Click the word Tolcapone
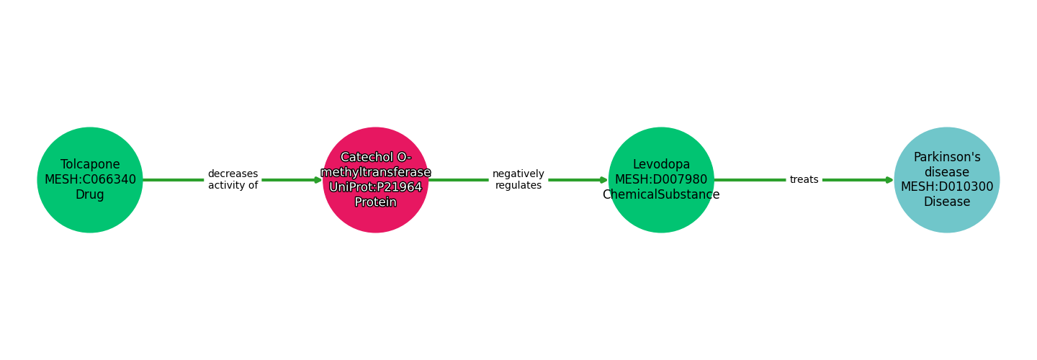(90, 164)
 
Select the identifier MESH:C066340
(90, 179)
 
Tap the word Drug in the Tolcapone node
(90, 194)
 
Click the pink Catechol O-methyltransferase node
(375, 216)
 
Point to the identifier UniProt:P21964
(375, 187)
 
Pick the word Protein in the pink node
(375, 202)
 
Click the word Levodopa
(661, 164)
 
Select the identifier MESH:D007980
(661, 179)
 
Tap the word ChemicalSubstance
(661, 194)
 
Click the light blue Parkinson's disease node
(946, 220)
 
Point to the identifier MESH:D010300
(946, 186)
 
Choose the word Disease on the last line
(946, 202)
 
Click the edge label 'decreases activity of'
(233, 179)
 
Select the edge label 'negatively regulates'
(518, 179)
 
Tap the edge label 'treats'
(804, 179)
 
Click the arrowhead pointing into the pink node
(318, 180)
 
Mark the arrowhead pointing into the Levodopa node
(603, 180)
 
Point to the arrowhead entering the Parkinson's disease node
(889, 180)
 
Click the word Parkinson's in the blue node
(946, 157)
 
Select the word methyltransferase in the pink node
(375, 172)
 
